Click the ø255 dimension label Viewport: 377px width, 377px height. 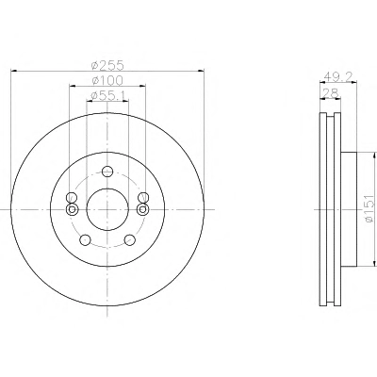[x=107, y=65]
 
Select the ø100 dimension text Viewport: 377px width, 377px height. [x=107, y=80]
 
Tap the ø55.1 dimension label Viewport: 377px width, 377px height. [x=107, y=95]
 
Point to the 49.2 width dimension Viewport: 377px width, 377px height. [x=338, y=76]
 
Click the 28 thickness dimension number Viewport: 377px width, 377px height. [x=331, y=92]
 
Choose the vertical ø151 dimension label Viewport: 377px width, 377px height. [x=370, y=209]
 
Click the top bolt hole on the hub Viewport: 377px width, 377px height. [x=107, y=172]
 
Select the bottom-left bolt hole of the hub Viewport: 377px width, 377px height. [x=85, y=240]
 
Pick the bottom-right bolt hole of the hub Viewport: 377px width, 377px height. [x=129, y=240]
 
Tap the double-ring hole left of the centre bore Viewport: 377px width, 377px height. [x=73, y=209]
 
